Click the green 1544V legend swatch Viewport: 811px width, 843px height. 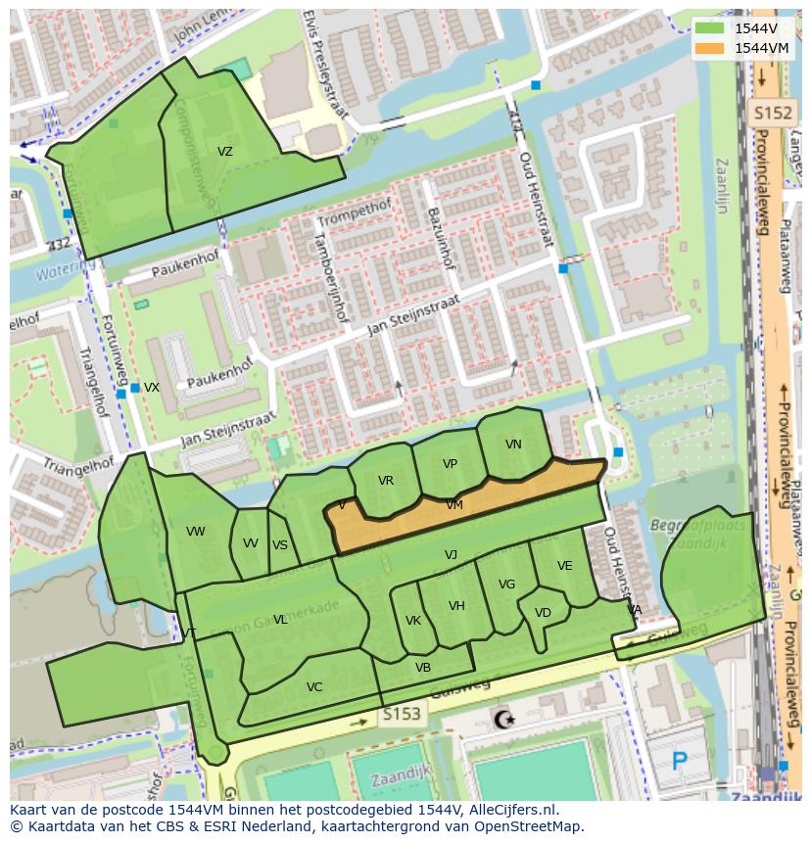[710, 28]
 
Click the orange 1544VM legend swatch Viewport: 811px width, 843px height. [710, 48]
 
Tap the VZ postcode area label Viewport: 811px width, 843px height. [225, 152]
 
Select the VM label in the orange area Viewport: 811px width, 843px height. [454, 505]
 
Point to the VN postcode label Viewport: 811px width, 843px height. [513, 445]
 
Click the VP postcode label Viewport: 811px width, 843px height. [450, 464]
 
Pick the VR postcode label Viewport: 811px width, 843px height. [385, 481]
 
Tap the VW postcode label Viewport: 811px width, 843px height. [196, 532]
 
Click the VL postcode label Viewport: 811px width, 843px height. [280, 620]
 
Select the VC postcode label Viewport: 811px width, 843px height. [314, 687]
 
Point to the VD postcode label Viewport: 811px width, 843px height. [543, 613]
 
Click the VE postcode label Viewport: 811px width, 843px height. [564, 566]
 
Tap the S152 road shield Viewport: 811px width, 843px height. [772, 114]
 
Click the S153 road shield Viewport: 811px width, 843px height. [402, 715]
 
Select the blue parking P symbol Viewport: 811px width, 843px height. [681, 760]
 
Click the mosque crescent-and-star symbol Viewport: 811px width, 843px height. [504, 721]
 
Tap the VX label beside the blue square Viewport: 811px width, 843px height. [152, 388]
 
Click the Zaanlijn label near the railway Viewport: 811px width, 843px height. [723, 186]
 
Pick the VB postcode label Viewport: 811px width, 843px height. [423, 668]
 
